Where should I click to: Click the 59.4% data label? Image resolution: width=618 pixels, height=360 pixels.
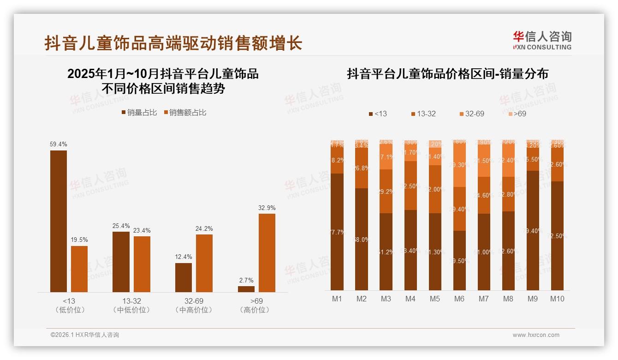click(x=58, y=144)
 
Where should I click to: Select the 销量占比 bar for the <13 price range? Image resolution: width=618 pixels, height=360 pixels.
click(x=58, y=221)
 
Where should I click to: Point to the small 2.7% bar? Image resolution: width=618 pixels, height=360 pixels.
click(x=246, y=289)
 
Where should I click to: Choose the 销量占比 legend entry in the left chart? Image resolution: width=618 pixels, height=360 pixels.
click(x=139, y=112)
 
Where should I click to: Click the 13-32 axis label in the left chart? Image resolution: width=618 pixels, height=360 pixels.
click(x=131, y=301)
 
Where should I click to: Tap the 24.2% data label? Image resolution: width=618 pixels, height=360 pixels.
click(x=204, y=228)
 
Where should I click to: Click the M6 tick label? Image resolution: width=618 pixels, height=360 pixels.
click(x=459, y=299)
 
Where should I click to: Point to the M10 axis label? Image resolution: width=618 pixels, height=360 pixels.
click(x=557, y=299)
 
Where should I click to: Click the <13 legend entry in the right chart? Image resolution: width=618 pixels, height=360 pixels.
click(x=378, y=114)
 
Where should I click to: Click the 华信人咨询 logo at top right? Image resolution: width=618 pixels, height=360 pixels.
click(x=542, y=40)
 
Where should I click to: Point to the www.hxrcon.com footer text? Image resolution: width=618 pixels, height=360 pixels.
click(x=536, y=335)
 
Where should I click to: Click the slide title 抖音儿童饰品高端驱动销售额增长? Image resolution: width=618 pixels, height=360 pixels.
click(x=173, y=43)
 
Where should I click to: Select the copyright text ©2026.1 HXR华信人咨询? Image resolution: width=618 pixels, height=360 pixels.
click(x=85, y=335)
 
